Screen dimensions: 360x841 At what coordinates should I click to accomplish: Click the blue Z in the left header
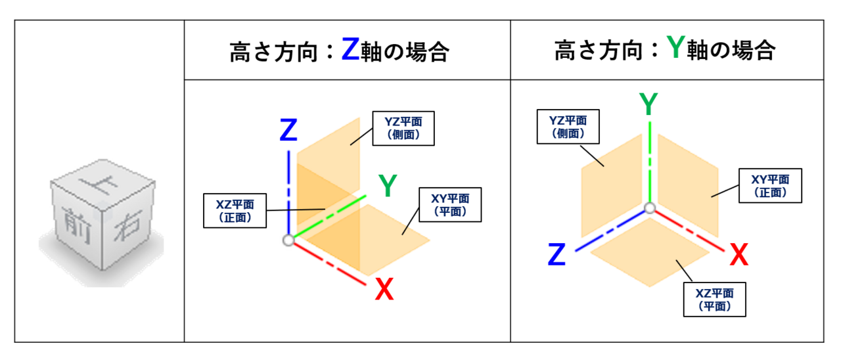[351, 49]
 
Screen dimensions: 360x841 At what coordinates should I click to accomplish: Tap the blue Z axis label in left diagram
[288, 131]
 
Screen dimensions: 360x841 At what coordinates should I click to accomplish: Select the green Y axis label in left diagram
[388, 187]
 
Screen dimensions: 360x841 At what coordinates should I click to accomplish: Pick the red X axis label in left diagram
[384, 290]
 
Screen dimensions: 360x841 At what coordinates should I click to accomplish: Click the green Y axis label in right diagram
[649, 105]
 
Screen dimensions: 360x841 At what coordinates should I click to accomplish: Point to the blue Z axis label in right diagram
[557, 255]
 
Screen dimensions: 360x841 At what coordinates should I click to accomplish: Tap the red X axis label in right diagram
[739, 255]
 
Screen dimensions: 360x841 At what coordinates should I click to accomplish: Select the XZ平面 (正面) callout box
[235, 210]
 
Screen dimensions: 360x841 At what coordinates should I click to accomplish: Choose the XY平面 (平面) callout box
[450, 204]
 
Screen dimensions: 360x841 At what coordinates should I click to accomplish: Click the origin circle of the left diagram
[288, 240]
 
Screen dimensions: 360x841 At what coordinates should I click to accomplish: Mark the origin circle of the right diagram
[650, 209]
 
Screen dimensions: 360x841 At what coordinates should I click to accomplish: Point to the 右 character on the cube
[129, 231]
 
